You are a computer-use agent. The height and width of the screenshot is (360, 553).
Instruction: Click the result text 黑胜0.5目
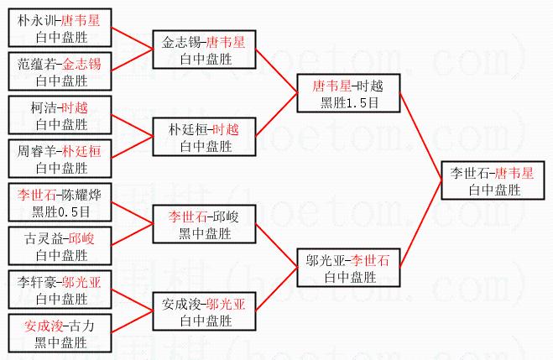click(x=60, y=210)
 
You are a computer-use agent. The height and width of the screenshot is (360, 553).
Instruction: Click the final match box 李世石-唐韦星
click(x=492, y=181)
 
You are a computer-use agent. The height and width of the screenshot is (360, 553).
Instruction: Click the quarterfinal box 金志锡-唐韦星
click(x=204, y=50)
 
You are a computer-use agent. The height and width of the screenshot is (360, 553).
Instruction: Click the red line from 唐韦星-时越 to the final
click(x=420, y=134)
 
